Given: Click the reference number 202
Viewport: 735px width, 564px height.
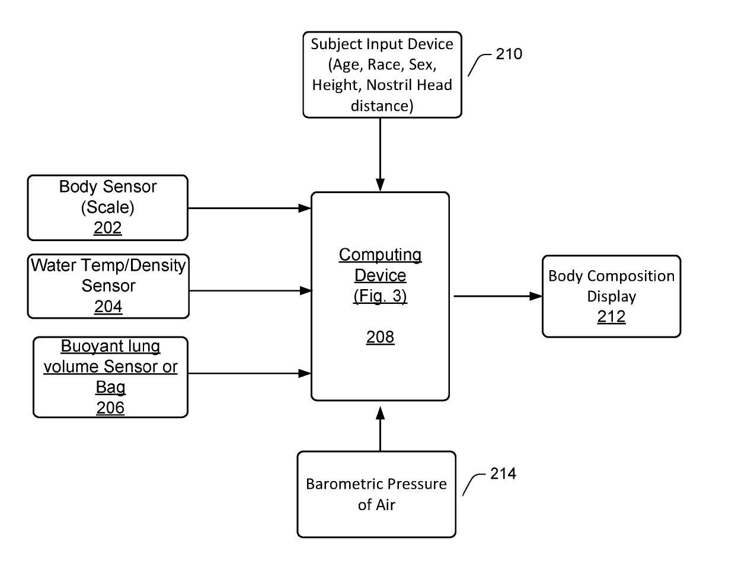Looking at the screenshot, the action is [x=107, y=228].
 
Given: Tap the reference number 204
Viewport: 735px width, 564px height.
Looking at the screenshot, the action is [x=108, y=307].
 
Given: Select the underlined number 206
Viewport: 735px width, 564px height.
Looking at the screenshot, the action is [x=110, y=408].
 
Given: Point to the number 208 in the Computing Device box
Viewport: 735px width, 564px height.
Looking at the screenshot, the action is [x=380, y=337].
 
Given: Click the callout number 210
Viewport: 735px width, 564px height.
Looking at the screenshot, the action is [x=509, y=54].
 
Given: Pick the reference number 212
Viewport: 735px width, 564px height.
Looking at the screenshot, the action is [x=611, y=316].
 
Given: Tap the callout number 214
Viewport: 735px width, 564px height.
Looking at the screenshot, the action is [x=503, y=474].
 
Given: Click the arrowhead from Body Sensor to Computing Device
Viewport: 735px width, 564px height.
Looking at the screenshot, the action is [x=305, y=208].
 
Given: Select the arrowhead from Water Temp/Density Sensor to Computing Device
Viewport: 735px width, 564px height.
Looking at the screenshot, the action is [x=306, y=291].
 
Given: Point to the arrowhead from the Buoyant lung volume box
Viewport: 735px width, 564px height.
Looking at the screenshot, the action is [x=305, y=373].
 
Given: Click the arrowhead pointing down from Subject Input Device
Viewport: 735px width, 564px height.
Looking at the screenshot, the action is [x=380, y=185].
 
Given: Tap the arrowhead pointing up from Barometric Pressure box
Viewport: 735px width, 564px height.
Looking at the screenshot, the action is [x=380, y=413].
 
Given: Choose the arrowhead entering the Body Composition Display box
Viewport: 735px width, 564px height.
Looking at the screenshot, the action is [x=536, y=296].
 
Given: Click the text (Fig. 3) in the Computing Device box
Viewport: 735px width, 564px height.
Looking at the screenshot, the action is [x=380, y=296].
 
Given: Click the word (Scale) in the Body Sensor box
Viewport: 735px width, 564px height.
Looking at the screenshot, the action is [x=107, y=207].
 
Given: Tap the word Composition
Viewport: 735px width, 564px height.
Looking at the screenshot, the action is [x=631, y=277].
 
